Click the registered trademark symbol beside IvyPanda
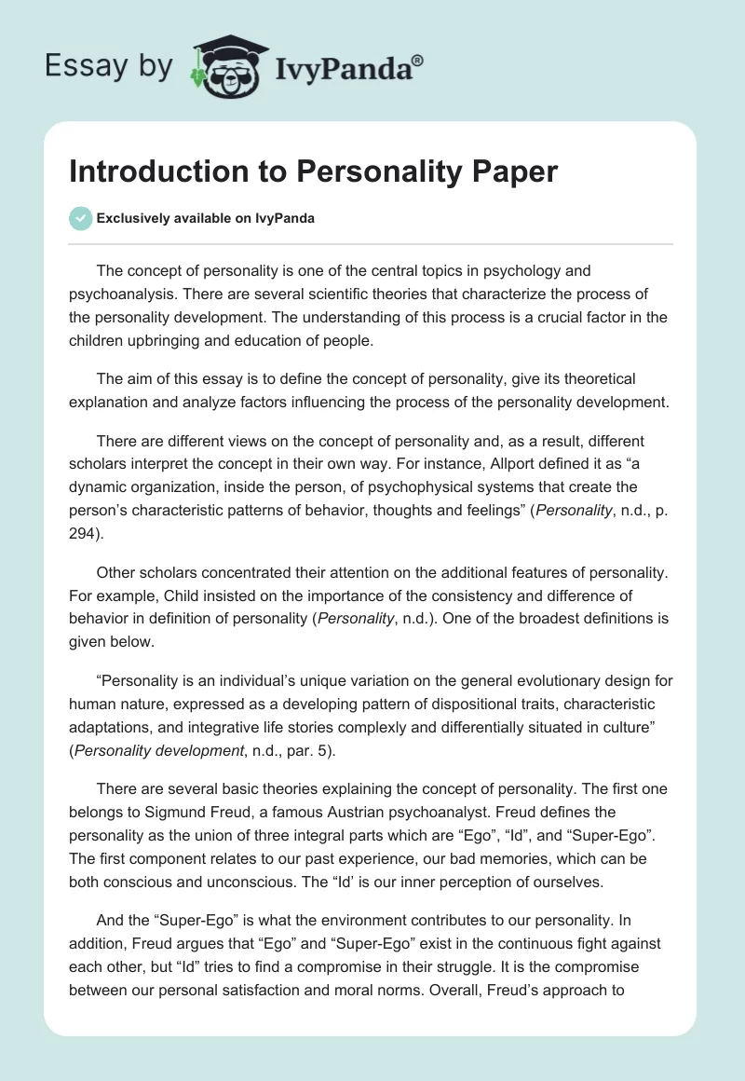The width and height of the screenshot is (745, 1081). coord(418,60)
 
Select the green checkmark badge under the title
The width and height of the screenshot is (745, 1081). coord(80,218)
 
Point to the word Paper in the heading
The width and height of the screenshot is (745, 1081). coord(515,173)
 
